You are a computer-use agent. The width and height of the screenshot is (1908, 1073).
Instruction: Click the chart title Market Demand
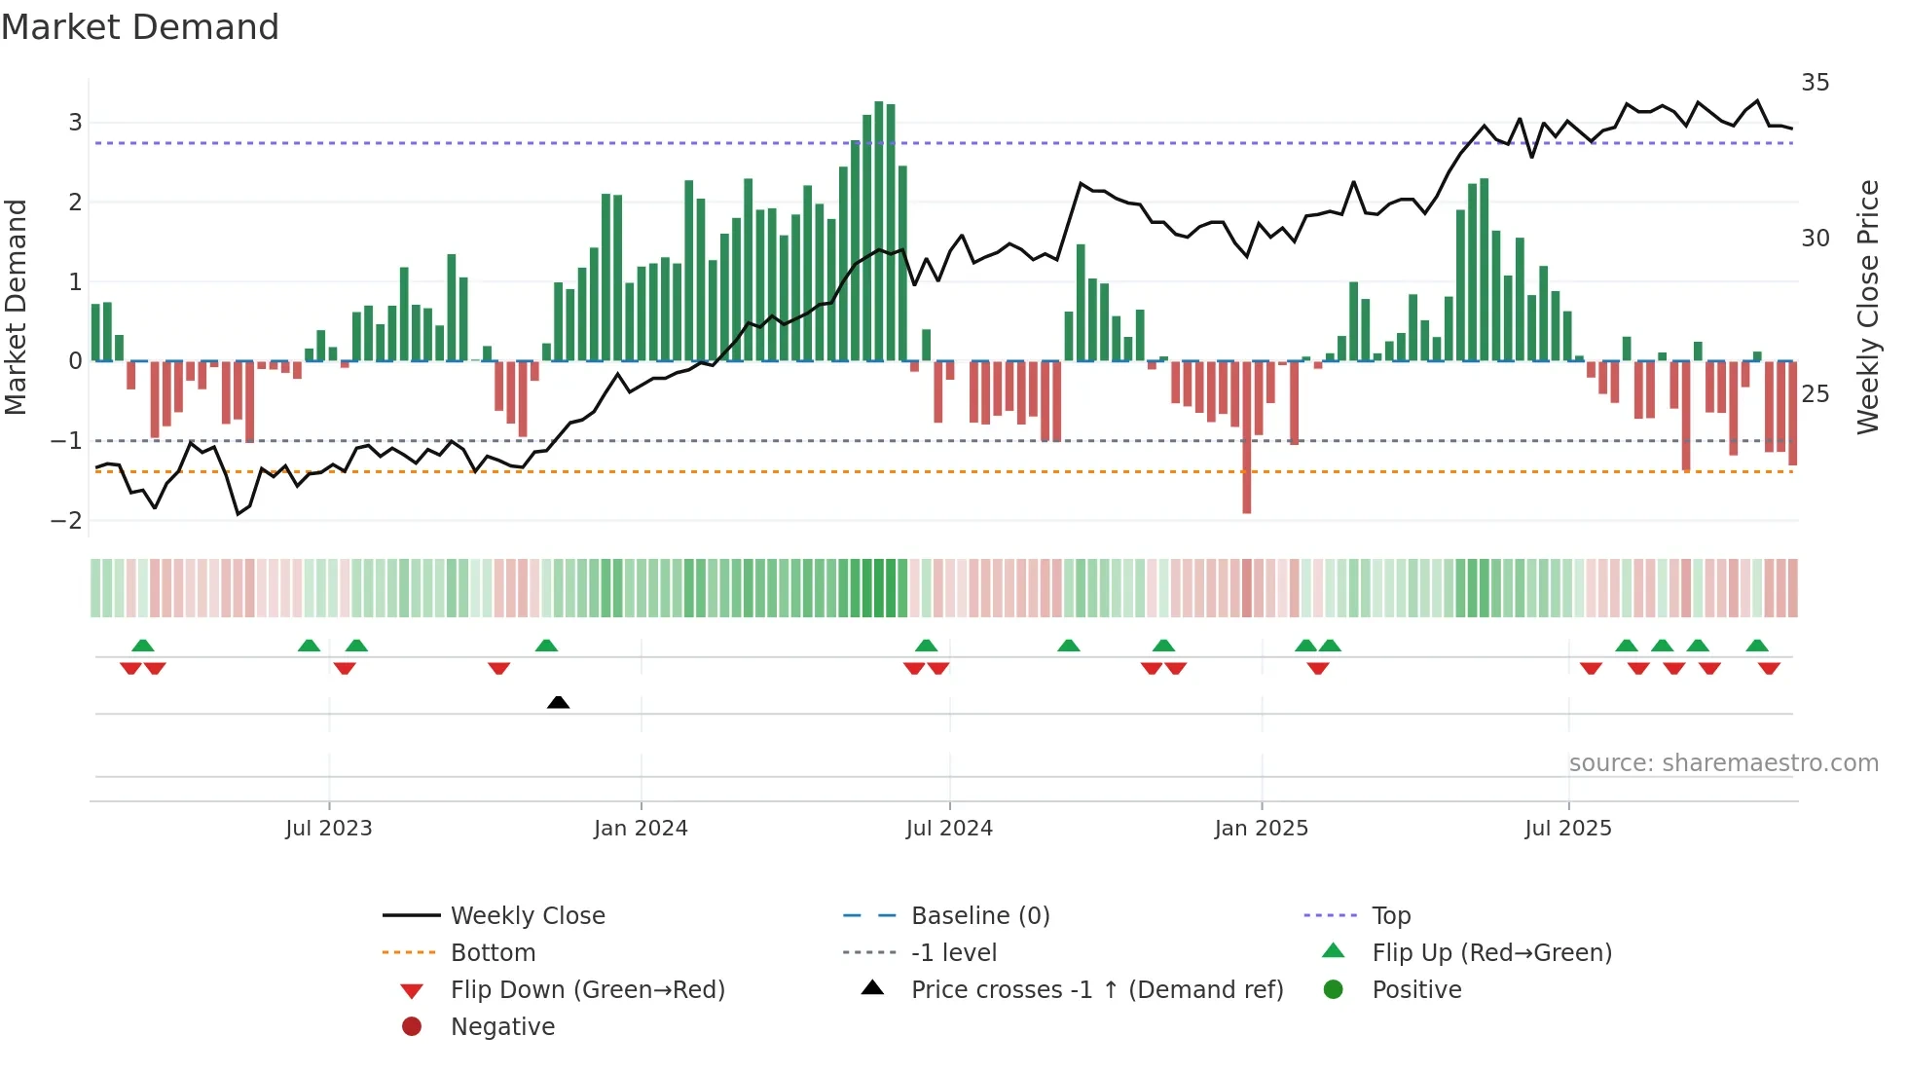[140, 27]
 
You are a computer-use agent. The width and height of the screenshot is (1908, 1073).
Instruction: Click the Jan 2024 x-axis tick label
[641, 829]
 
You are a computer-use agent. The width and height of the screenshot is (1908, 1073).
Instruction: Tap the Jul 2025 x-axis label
[1567, 829]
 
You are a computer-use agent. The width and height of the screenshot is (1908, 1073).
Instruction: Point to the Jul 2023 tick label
[329, 829]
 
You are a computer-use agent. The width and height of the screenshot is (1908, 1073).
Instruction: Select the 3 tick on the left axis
[75, 123]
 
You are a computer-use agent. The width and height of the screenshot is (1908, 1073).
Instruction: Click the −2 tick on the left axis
[67, 520]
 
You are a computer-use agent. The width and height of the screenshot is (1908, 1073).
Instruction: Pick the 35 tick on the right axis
[1815, 83]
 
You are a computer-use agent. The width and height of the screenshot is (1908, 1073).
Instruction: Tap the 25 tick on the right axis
[1815, 394]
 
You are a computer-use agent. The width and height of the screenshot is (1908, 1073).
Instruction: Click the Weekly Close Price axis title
[1867, 307]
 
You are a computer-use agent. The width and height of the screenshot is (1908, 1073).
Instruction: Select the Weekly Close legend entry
[527, 916]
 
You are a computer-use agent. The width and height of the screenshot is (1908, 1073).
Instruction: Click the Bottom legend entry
[493, 953]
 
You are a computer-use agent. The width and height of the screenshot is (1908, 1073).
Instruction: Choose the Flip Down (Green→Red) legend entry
[587, 990]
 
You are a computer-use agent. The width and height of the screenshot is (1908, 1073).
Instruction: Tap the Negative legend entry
[502, 1027]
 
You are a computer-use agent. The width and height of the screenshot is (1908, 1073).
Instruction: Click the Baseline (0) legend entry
[979, 916]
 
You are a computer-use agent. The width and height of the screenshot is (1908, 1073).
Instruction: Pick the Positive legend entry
[1416, 990]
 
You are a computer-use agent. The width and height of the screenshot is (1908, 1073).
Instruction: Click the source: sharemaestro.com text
[1723, 763]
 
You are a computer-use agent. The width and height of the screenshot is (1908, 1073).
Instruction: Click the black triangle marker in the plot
[558, 702]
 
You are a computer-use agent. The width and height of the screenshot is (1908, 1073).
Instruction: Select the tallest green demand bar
[879, 232]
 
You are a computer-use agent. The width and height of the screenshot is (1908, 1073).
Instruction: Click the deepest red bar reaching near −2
[1247, 438]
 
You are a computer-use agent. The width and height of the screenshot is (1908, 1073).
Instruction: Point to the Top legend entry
[1391, 916]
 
